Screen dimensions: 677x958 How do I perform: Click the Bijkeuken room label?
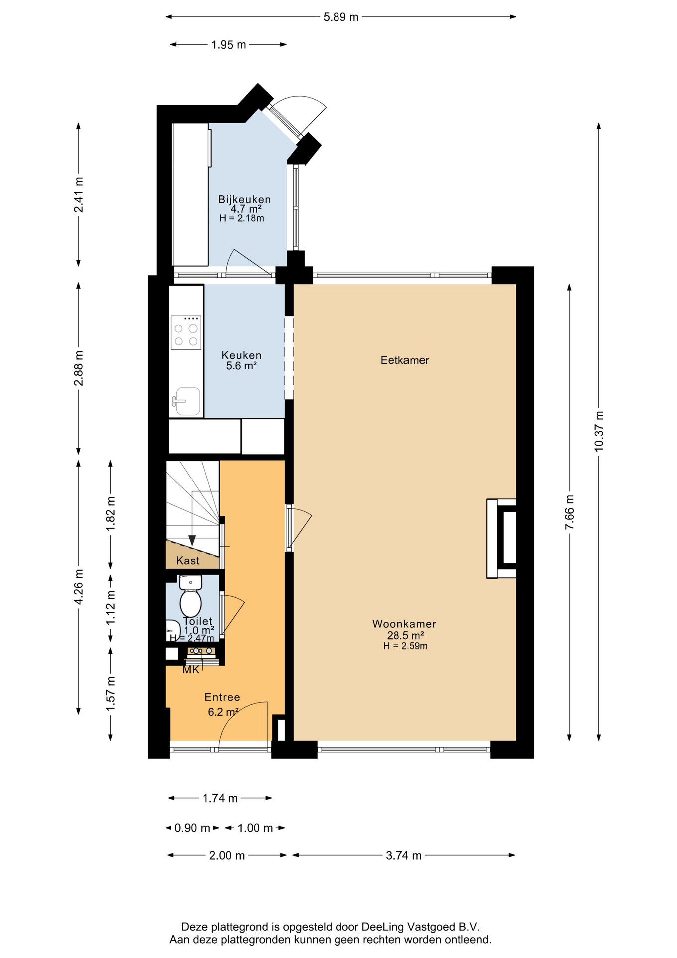pos(244,199)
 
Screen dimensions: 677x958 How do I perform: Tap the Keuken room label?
pos(241,355)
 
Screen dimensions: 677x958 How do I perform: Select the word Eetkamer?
pos(405,360)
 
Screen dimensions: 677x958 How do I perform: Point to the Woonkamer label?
pos(404,624)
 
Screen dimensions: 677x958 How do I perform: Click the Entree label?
pos(222,697)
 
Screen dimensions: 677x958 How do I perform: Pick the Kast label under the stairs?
pos(188,561)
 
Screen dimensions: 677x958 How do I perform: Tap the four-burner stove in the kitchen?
pos(186,332)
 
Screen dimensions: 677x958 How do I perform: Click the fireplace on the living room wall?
pos(502,538)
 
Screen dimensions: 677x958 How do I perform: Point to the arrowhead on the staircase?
pos(192,541)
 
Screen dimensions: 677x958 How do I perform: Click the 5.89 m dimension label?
pos(341,17)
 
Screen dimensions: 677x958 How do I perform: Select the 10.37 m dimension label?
pos(599,431)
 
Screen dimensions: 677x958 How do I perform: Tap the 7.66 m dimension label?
pos(570,513)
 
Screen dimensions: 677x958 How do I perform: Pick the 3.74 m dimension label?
pos(404,856)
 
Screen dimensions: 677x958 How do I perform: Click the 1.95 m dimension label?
pos(228,45)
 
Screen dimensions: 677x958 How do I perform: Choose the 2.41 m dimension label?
pos(79,195)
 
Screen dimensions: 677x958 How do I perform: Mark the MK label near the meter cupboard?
pos(191,670)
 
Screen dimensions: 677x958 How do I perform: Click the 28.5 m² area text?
pos(405,635)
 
